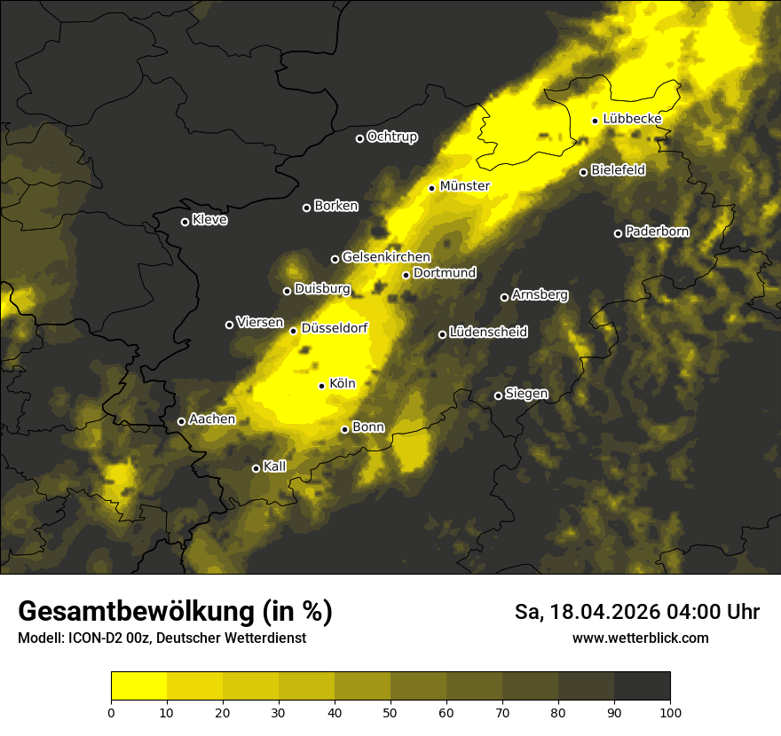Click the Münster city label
coord(464,186)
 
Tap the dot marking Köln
coord(322,386)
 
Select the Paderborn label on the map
coord(657,231)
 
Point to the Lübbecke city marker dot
coord(595,121)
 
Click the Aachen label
coord(212,419)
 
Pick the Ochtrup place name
coord(391,137)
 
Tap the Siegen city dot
coord(498,395)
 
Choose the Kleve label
coord(209,220)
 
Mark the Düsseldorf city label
coord(335,328)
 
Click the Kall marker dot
coord(256,468)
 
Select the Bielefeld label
coord(618,169)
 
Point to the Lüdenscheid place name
coord(488,333)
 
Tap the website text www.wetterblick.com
coord(640,638)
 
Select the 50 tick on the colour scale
coord(390,711)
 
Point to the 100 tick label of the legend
coord(670,711)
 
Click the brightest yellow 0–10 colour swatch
coord(139,686)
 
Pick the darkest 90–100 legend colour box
coord(642,686)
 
